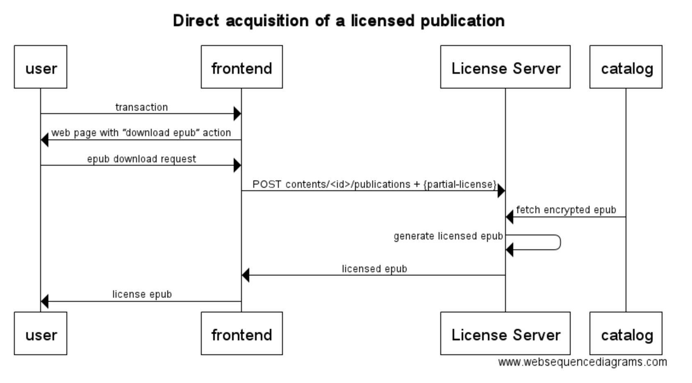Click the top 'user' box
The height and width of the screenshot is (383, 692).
[x=41, y=67]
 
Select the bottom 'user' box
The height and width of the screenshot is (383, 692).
[x=41, y=333]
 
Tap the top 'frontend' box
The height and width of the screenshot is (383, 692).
[x=241, y=67]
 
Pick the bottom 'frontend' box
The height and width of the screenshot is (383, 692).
[x=241, y=333]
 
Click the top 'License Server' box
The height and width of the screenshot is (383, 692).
[x=505, y=67]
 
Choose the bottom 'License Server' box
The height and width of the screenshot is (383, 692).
[x=505, y=333]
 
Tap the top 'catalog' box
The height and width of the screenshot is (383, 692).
[x=626, y=67]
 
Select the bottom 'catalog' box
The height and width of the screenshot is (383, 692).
[x=626, y=333]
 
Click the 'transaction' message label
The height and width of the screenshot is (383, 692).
[x=141, y=107]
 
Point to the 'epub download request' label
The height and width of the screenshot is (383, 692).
[x=141, y=159]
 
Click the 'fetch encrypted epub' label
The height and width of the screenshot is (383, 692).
[x=566, y=210]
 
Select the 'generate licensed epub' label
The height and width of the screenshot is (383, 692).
[x=448, y=236]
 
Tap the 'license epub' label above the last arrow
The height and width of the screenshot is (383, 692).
[x=142, y=294]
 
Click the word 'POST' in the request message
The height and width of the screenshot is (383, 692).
[x=266, y=185]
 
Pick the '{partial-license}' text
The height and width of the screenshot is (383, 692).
[x=460, y=185]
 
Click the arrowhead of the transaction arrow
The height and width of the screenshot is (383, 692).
[x=237, y=114]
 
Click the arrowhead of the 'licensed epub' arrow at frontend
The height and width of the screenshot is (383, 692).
[x=246, y=275]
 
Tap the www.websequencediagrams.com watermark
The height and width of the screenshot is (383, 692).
[x=582, y=362]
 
